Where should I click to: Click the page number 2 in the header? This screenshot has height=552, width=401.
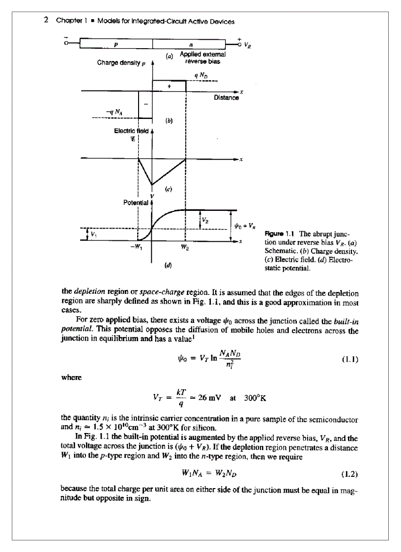tap(46, 20)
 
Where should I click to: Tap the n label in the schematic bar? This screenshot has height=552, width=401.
tap(191, 44)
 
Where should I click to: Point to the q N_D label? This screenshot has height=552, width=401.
tap(200, 75)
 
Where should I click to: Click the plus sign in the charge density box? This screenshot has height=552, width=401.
tap(169, 86)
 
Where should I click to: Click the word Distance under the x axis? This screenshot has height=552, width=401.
tap(226, 98)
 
